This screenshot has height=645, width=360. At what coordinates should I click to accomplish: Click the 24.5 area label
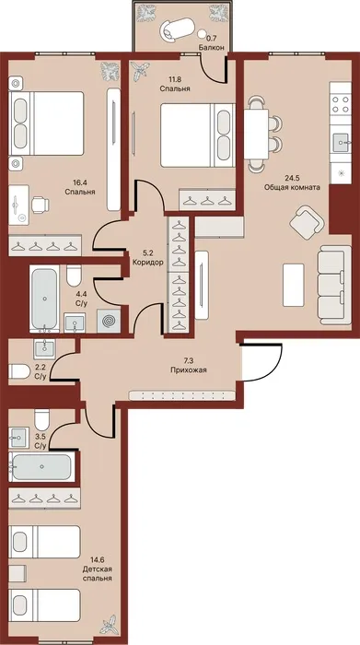pyautogui.click(x=293, y=179)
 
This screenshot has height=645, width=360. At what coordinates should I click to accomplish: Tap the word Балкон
pyautogui.click(x=211, y=47)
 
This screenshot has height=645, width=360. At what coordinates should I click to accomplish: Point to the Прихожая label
pyautogui.click(x=189, y=369)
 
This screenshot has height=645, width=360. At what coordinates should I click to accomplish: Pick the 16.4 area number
pyautogui.click(x=80, y=183)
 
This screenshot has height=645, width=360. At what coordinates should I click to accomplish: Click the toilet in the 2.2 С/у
pyautogui.click(x=19, y=371)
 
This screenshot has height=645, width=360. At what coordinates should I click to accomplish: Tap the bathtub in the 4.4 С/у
pyautogui.click(x=44, y=299)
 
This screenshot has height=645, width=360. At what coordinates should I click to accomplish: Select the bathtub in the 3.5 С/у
pyautogui.click(x=41, y=466)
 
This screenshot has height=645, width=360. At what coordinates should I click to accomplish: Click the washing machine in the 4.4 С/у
pyautogui.click(x=109, y=321)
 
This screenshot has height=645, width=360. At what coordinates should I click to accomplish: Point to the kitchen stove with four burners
pyautogui.click(x=341, y=104)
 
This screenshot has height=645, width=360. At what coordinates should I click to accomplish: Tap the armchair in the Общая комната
pyautogui.click(x=307, y=222)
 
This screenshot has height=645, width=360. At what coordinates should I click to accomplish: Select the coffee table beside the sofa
pyautogui.click(x=294, y=285)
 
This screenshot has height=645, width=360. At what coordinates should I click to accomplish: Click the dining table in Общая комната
pyautogui.click(x=256, y=135)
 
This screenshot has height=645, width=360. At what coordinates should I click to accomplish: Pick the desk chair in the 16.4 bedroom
pyautogui.click(x=41, y=204)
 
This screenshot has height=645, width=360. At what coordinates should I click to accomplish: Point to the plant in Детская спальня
pyautogui.click(x=110, y=625)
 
